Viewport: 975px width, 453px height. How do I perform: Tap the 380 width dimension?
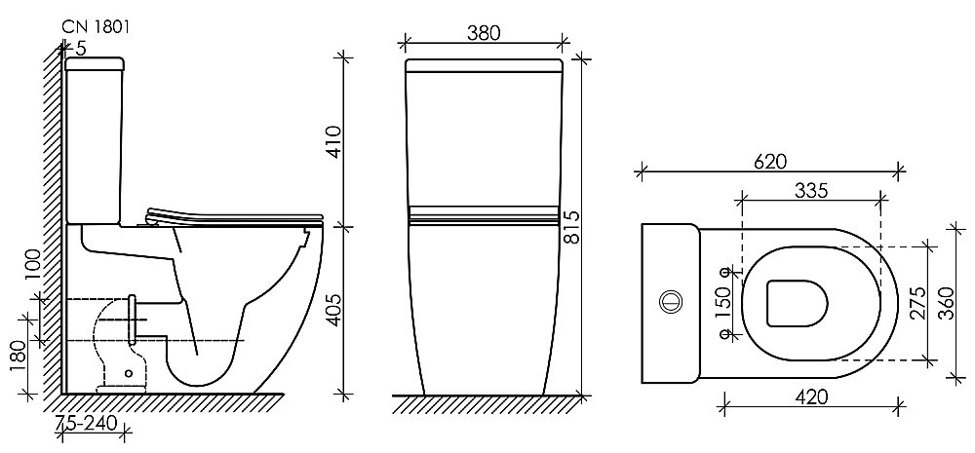tap(483, 32)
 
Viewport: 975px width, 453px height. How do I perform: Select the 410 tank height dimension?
tap(336, 143)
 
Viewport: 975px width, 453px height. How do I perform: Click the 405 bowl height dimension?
tap(336, 310)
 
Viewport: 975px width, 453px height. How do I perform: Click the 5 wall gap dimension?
tap(80, 48)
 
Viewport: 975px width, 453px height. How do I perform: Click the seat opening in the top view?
tap(796, 302)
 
